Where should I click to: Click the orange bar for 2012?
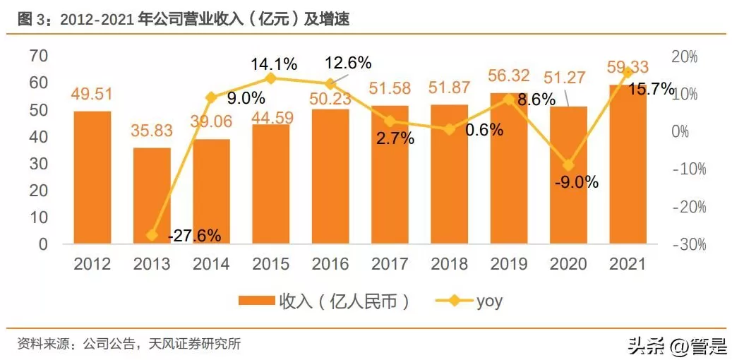(92, 177)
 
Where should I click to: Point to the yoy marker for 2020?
(568, 165)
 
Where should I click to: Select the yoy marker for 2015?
(271, 78)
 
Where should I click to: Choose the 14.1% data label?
(274, 64)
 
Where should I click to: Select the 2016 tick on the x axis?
(330, 264)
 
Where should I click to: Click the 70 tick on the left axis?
(39, 56)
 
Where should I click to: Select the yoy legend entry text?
(489, 301)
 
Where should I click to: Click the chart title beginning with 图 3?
(184, 20)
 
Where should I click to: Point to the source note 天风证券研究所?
(195, 344)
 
